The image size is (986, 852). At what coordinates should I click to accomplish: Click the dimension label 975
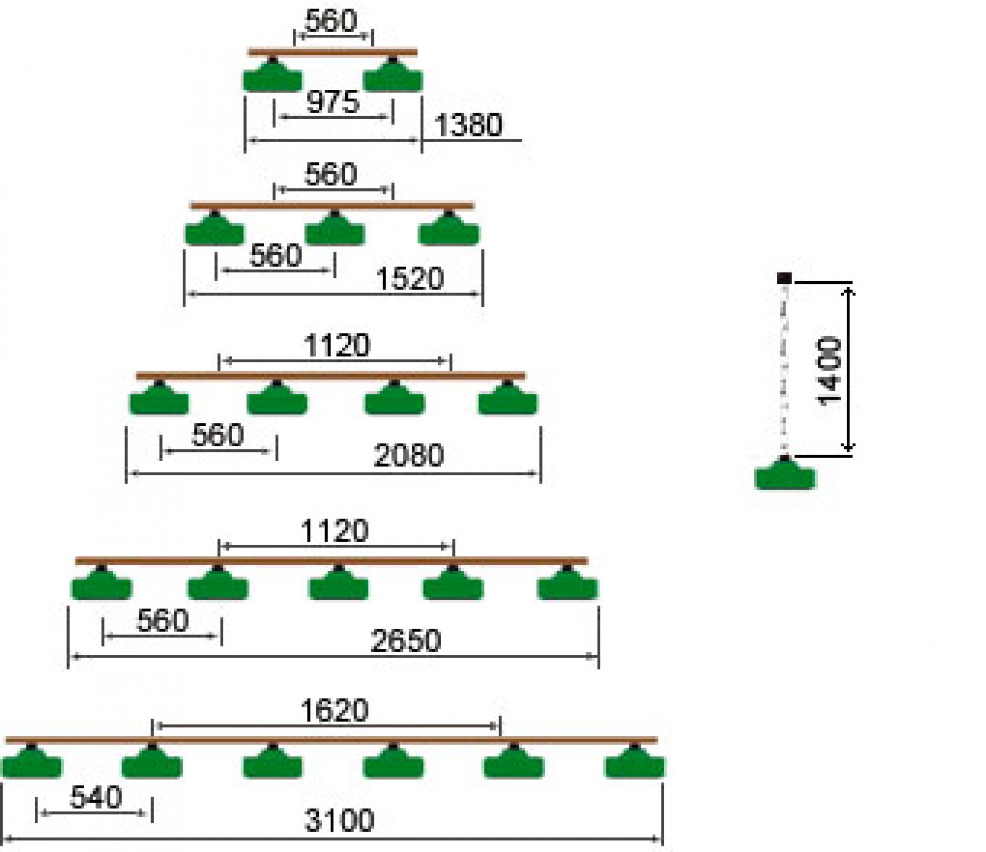click(333, 101)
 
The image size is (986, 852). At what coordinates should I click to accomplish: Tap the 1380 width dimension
click(468, 125)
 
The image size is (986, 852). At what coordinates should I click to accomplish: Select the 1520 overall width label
click(410, 279)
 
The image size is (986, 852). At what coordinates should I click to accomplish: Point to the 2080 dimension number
click(409, 455)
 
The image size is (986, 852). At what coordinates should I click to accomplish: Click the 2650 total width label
click(406, 640)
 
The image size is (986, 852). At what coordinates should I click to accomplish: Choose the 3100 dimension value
click(339, 820)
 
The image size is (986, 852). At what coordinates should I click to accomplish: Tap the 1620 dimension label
click(335, 710)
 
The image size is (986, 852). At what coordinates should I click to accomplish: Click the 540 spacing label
click(96, 797)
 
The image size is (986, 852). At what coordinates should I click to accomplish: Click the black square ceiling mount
click(784, 278)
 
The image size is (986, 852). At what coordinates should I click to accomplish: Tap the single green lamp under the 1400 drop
click(785, 475)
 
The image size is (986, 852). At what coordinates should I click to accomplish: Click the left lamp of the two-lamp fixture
click(273, 78)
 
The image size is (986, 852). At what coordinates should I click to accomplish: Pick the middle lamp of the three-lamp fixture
click(335, 231)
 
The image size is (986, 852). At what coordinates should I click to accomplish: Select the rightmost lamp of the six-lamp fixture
click(634, 764)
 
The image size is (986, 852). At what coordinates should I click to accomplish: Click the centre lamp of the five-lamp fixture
click(339, 586)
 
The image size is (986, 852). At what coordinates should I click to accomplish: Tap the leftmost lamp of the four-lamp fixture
click(159, 401)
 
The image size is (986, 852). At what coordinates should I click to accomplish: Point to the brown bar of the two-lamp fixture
click(333, 52)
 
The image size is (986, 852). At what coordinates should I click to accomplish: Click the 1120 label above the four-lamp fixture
click(336, 346)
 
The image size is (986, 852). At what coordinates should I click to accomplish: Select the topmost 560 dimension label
click(331, 21)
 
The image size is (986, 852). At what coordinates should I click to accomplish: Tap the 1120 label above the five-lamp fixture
click(335, 531)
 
